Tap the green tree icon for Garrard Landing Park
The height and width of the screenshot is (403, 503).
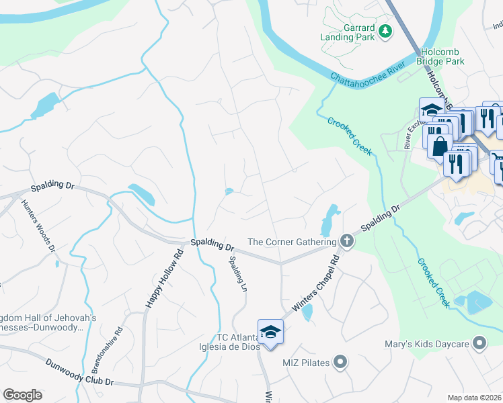(385, 31)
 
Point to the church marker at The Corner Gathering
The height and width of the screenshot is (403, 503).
(346, 241)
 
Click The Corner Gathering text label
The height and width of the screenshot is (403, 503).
(291, 242)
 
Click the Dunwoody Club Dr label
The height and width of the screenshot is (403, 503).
(80, 373)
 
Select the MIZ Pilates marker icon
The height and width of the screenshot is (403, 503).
(340, 363)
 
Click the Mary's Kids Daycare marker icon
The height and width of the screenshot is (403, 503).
(479, 345)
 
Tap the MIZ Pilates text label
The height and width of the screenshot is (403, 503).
(305, 363)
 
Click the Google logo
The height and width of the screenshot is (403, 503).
(22, 395)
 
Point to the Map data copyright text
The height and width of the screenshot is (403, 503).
(474, 398)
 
